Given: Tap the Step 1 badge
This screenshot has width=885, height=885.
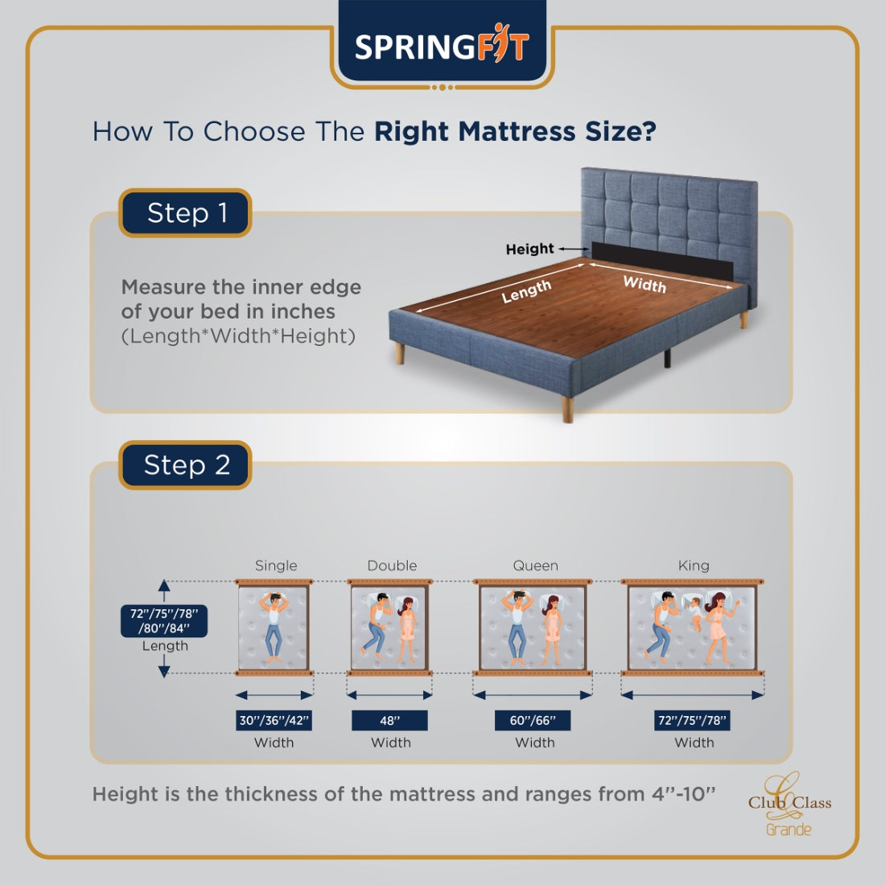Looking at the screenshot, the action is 185,212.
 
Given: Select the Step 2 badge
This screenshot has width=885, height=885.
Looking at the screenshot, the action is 185,465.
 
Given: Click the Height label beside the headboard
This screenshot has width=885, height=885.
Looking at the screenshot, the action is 529,249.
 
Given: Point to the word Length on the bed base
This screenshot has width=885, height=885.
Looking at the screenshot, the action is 526,291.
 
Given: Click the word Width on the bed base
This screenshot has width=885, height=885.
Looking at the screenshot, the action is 644,284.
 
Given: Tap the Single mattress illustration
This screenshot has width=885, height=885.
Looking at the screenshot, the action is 274,628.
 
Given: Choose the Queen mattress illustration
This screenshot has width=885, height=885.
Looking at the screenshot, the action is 533,628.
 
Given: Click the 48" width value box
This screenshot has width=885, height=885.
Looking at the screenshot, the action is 389,720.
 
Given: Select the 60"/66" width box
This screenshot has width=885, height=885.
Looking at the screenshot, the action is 533,720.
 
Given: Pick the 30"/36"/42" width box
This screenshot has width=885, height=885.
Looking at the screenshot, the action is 274,720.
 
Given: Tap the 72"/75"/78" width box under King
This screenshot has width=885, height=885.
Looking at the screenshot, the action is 692,720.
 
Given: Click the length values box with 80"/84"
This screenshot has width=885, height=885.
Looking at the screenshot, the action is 163,621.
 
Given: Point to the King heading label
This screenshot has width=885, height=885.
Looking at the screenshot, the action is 694,566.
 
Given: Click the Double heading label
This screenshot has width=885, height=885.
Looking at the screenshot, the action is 393,566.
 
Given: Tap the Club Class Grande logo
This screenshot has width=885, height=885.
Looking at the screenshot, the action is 789,805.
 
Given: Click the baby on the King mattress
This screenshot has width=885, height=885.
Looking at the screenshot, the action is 694,611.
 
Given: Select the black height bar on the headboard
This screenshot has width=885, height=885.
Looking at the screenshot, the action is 662,261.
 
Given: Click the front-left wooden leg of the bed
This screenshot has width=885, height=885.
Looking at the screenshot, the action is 400,352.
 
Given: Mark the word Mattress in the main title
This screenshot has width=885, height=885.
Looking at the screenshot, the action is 517,131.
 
